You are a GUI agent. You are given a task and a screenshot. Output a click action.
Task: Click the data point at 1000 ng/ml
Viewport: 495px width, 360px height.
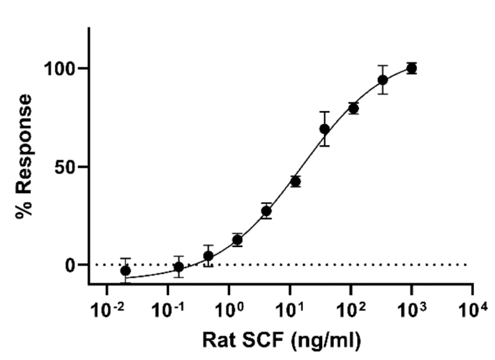click(x=412, y=68)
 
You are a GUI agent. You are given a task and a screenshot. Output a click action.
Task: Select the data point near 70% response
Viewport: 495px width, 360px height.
click(x=324, y=129)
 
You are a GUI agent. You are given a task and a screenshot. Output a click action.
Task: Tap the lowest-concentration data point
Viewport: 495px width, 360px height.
click(x=125, y=271)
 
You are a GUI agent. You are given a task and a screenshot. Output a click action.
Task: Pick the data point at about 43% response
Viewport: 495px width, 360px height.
click(x=295, y=181)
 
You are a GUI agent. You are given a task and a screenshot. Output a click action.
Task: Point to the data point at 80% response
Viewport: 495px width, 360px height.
click(x=353, y=108)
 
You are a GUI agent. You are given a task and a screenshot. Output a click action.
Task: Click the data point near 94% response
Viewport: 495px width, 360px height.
click(x=383, y=80)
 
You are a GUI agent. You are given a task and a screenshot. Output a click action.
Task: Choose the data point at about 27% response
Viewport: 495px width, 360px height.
click(x=266, y=211)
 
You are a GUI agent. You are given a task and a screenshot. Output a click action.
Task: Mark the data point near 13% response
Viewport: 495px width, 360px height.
click(x=238, y=240)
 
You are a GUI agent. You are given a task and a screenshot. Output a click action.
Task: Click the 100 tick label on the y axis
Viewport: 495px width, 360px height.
click(x=61, y=69)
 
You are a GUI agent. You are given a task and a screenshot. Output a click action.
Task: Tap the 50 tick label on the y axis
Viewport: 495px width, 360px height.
click(x=67, y=166)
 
